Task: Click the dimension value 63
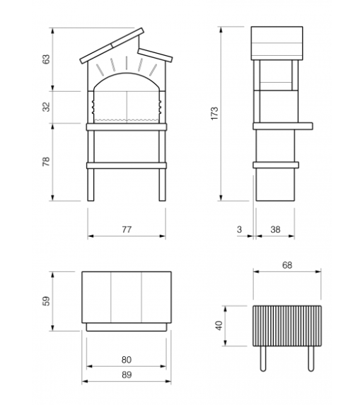tap(46, 59)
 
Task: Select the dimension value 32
tap(46, 107)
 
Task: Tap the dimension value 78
tap(46, 161)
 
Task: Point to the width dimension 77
tap(127, 230)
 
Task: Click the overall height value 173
tap(214, 113)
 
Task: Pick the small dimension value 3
tap(239, 230)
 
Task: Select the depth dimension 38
tap(275, 230)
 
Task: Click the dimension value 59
tap(46, 301)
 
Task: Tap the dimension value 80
tap(127, 360)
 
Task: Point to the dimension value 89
tap(127, 375)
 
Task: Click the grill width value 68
tap(287, 265)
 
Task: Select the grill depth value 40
tap(219, 325)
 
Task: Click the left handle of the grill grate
tap(263, 358)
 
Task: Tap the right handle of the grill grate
tap(311, 358)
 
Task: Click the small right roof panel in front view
tap(155, 55)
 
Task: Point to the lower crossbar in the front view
tap(127, 165)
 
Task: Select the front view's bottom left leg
tap(91, 184)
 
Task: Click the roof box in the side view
tap(277, 43)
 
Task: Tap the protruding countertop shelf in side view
tap(283, 126)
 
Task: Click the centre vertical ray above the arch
tap(127, 63)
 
